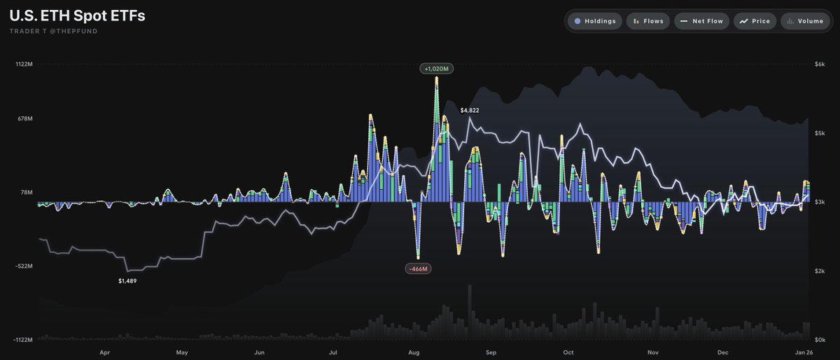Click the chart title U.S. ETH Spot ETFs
point(77,15)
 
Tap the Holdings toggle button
point(592,21)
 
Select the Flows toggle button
point(648,21)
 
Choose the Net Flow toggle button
point(702,21)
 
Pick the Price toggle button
point(755,21)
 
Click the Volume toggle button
point(804,21)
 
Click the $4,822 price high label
point(470,111)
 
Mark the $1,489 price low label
point(127,281)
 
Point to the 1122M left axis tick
point(23,64)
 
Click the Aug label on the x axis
point(414,353)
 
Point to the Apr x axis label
point(104,353)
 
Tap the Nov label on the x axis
point(653,353)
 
